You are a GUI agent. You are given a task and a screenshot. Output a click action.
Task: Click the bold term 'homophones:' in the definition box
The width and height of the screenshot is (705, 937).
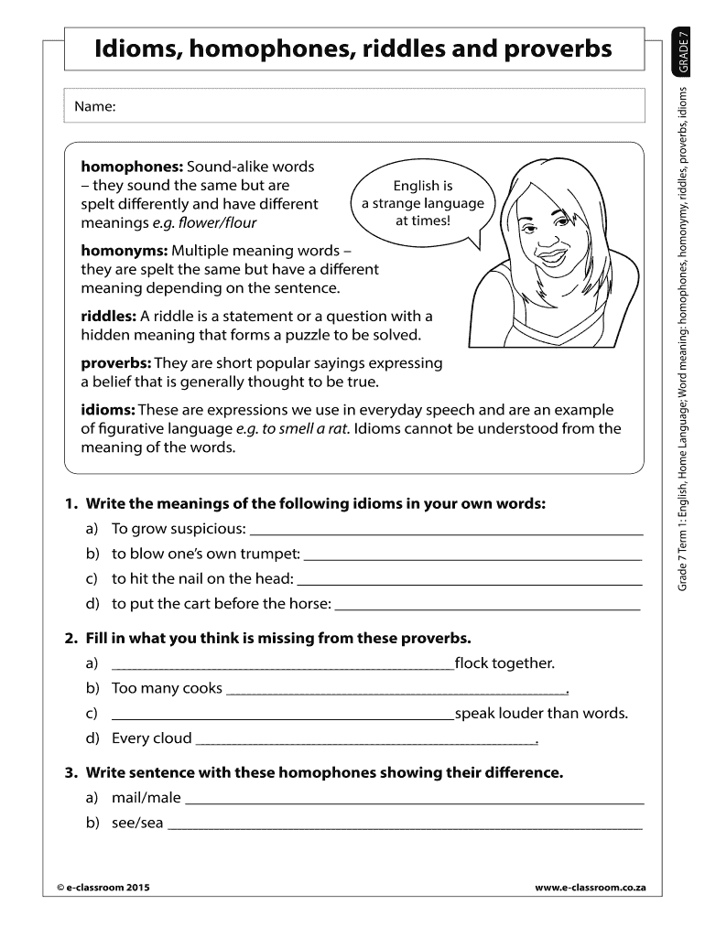click(x=132, y=167)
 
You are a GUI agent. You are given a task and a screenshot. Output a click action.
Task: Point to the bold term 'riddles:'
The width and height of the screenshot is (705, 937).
click(x=109, y=316)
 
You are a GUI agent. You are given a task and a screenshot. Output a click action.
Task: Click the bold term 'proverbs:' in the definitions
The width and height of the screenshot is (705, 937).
click(x=117, y=362)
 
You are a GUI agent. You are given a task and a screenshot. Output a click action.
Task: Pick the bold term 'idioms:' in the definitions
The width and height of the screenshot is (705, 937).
click(x=108, y=410)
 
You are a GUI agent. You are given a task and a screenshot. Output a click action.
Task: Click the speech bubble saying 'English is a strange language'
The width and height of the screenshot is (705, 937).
click(x=422, y=203)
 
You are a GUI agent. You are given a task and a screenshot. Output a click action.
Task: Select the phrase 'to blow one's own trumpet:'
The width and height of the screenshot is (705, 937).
click(x=205, y=555)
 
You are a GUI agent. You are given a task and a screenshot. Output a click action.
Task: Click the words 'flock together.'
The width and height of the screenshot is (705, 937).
click(x=504, y=663)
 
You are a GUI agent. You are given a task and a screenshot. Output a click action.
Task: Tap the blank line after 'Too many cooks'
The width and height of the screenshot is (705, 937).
click(x=396, y=691)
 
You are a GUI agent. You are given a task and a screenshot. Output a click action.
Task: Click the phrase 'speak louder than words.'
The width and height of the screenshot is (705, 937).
click(x=541, y=714)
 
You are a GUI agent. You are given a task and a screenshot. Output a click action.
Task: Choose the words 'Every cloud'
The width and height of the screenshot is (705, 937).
click(x=152, y=738)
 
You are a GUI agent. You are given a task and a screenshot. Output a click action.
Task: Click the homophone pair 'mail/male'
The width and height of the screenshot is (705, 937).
click(x=146, y=798)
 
